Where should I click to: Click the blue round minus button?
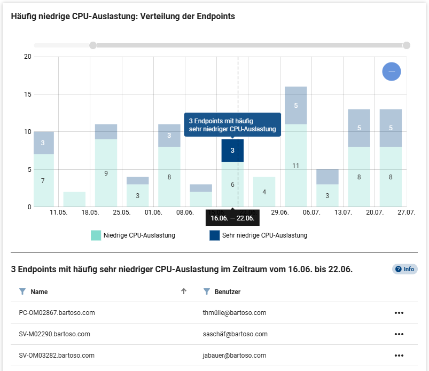(392, 72)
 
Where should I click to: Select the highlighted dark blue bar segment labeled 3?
(232, 151)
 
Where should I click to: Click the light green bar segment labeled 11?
(295, 165)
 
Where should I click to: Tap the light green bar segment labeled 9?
(106, 173)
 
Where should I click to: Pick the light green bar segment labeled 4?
(264, 191)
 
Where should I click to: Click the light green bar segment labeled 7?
(43, 180)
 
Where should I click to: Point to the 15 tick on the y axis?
(28, 94)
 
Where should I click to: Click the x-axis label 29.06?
(280, 212)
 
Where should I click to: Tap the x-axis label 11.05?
(58, 212)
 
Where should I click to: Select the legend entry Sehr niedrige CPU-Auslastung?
(259, 235)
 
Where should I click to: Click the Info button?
(404, 269)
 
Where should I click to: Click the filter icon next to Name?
(22, 292)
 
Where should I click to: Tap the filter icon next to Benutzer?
(206, 292)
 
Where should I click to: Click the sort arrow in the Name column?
(184, 291)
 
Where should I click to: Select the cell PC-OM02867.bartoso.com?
(57, 313)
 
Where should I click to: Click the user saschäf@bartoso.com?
(232, 334)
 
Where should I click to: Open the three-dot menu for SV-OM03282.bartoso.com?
(399, 356)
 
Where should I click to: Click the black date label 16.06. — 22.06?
(232, 218)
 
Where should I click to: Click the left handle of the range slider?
(93, 45)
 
